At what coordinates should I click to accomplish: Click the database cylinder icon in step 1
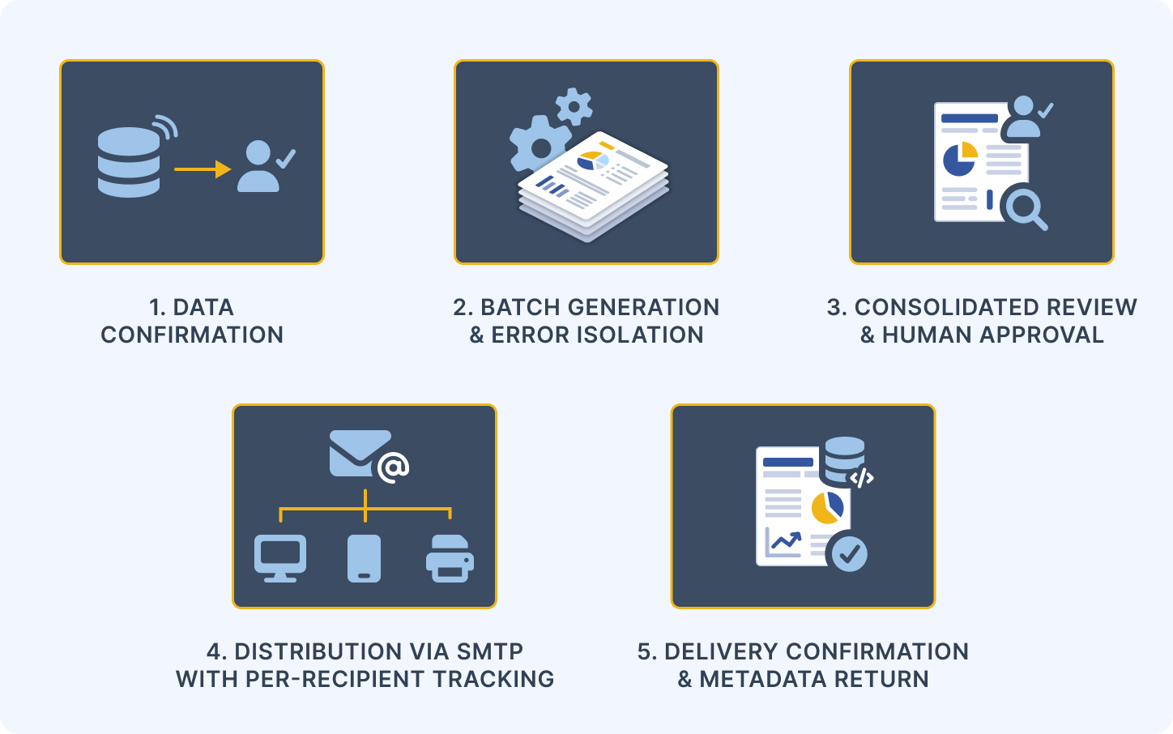click(129, 162)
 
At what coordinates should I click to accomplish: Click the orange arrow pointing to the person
click(203, 169)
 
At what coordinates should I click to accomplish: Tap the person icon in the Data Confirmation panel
click(258, 166)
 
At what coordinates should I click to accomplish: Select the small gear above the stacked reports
click(574, 107)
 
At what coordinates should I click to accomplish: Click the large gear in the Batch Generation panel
click(540, 145)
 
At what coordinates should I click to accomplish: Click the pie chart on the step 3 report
click(960, 159)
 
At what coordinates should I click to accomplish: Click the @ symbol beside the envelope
click(393, 467)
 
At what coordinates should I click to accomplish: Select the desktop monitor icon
click(280, 558)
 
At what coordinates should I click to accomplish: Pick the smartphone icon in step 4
click(364, 558)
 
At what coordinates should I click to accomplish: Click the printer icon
click(450, 558)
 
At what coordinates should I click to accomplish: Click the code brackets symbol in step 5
click(861, 477)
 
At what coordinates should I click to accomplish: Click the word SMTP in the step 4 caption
click(490, 652)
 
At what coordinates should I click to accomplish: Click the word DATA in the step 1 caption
click(203, 308)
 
